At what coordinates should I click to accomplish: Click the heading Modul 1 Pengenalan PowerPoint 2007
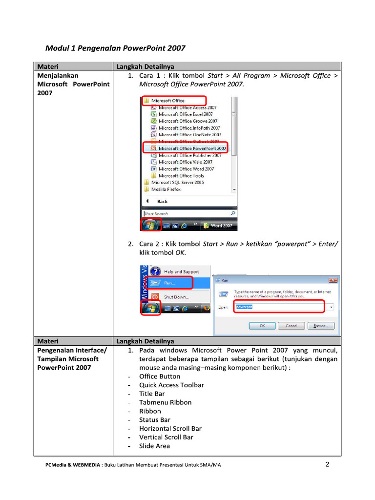115,48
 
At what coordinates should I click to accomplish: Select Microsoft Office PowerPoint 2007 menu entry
191,148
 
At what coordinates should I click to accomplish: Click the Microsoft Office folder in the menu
167,101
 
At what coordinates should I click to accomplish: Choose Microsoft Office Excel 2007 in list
185,114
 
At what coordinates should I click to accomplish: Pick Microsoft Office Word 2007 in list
186,169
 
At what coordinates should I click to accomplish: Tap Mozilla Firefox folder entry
166,189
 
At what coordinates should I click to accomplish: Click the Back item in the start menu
162,201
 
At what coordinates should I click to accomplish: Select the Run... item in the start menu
170,283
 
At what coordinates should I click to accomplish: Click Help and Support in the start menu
181,271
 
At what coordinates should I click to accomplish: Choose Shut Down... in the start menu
176,297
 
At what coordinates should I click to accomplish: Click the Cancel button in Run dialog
292,326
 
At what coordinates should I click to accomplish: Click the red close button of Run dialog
333,280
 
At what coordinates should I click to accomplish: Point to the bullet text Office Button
160,376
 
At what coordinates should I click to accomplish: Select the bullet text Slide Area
155,446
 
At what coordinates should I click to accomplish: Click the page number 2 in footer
328,464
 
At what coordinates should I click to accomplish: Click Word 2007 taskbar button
220,226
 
